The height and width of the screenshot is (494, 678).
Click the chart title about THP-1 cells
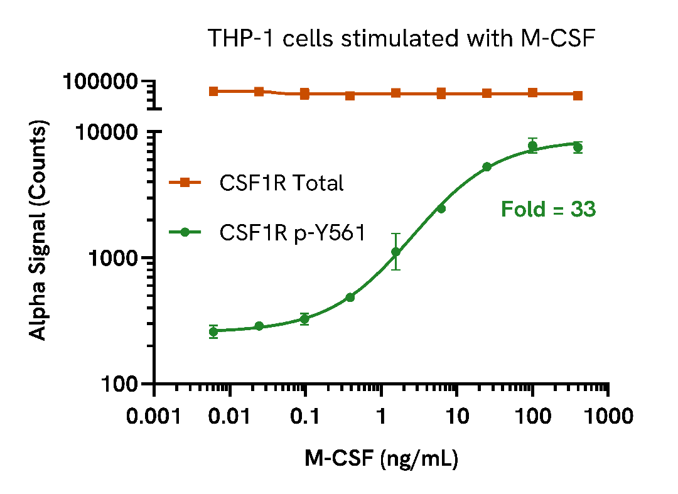[402, 39]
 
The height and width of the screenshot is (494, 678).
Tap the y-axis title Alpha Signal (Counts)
[39, 232]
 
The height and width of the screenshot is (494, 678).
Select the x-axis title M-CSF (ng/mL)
[382, 459]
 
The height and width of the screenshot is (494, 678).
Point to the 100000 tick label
[102, 82]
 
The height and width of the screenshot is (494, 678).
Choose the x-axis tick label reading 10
[456, 417]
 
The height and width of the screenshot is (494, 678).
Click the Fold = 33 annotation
[548, 210]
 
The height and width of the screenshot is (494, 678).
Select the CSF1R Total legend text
[281, 183]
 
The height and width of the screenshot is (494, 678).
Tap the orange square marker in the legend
[185, 183]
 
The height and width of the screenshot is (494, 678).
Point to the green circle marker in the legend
[185, 232]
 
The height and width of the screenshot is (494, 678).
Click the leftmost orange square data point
[213, 92]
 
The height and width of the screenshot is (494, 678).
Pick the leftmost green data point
[213, 331]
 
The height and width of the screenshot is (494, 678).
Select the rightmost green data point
[578, 148]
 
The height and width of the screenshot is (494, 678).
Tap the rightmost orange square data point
[578, 95]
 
